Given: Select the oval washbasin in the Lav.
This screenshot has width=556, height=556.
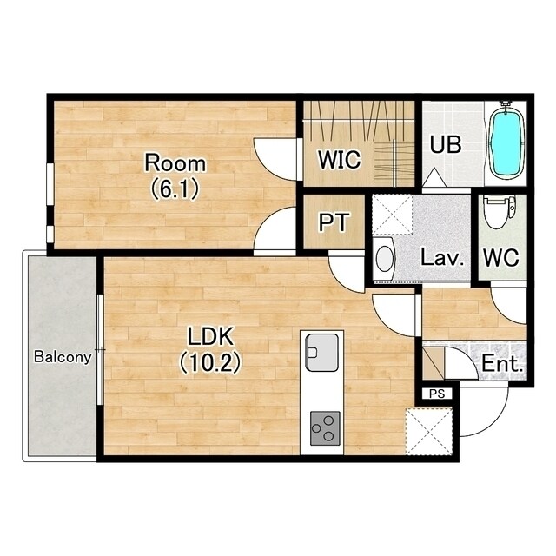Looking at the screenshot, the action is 384,259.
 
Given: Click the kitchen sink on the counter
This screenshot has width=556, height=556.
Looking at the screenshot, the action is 321,353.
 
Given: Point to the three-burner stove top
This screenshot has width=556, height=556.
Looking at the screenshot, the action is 325,428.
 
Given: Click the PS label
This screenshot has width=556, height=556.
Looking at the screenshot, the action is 437,394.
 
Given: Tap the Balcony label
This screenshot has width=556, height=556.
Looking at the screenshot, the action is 63,357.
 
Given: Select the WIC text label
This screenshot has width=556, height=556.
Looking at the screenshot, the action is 340,160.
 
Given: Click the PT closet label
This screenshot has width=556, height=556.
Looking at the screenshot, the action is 334,222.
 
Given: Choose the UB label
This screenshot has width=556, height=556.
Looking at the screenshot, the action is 446,144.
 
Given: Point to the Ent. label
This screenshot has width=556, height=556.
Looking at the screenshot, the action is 502,363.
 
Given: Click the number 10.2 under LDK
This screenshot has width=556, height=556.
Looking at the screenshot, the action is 210,363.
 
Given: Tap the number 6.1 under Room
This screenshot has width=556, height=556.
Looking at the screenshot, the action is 175,189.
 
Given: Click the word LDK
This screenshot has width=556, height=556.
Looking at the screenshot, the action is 210,336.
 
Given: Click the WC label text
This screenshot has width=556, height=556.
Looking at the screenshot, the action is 501,258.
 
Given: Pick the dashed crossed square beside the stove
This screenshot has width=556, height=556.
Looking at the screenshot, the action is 429,432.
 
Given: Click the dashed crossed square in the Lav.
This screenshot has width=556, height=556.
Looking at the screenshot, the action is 392,215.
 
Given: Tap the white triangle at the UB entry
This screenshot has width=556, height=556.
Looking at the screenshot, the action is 434,177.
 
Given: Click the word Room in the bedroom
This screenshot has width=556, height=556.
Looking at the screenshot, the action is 175,163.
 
